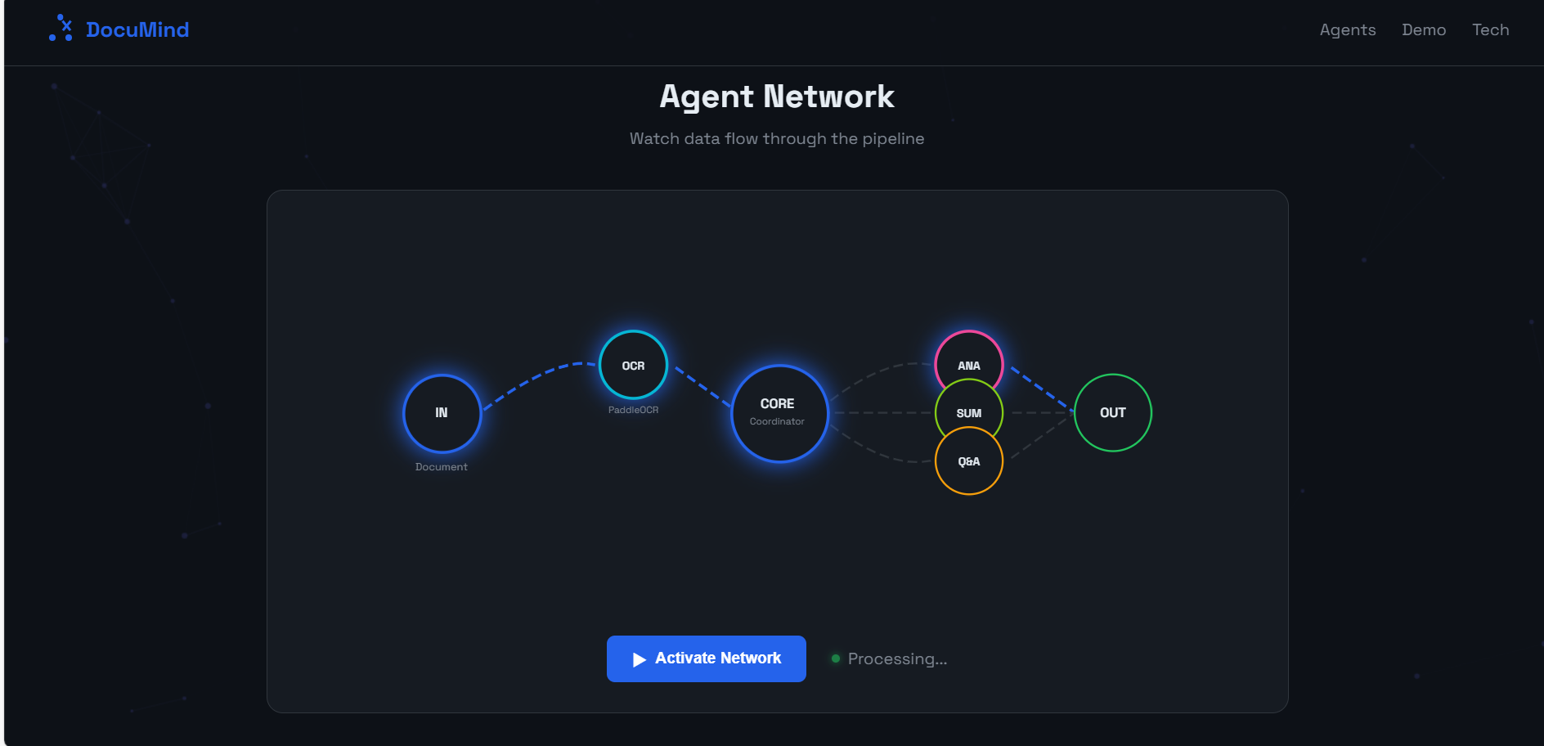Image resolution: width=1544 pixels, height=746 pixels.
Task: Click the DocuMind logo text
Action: (137, 29)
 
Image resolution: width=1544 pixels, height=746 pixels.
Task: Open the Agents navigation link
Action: (1347, 29)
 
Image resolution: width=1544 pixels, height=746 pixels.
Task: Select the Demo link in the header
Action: (1423, 29)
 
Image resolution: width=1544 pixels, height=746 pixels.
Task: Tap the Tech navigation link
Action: (1490, 29)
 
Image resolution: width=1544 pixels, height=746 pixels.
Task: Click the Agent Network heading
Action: (776, 97)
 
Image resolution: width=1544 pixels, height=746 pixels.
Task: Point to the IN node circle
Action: (442, 413)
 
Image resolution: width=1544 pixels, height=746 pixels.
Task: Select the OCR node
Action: (633, 365)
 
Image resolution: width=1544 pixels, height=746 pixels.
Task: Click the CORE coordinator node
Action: (779, 413)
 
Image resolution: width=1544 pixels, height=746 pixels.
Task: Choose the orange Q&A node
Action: (969, 466)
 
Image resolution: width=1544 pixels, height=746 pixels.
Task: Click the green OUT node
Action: (1112, 412)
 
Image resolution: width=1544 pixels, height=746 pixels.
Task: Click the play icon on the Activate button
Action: (640, 659)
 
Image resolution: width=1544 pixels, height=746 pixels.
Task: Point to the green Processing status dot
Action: (835, 658)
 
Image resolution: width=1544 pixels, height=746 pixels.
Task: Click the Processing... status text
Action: (897, 658)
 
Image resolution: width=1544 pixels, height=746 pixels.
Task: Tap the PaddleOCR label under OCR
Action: (633, 410)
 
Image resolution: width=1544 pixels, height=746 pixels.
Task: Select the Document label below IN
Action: (441, 467)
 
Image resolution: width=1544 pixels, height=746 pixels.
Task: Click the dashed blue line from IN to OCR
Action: (536, 378)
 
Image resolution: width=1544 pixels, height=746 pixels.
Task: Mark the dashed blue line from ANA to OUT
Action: (1040, 388)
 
